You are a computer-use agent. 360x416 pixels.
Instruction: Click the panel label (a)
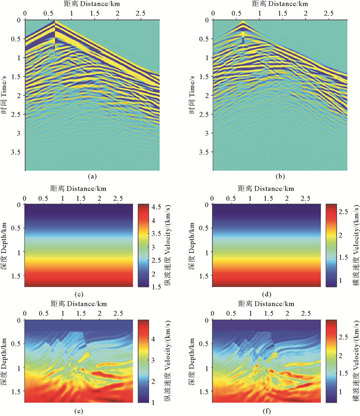[92, 176]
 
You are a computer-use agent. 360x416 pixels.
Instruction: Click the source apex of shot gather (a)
[55, 22]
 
